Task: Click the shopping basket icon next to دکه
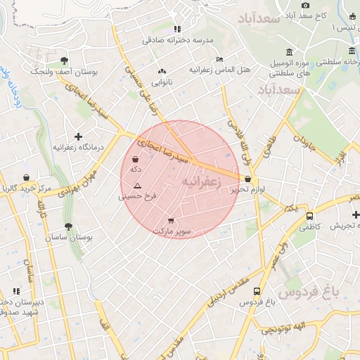[x=135, y=160]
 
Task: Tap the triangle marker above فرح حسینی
[x=137, y=186]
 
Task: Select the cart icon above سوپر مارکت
[x=171, y=220]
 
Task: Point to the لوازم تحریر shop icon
[x=248, y=179]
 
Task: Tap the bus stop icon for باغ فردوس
[x=257, y=291]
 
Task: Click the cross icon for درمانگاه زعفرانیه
[x=78, y=136]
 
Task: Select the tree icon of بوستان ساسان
[x=68, y=227]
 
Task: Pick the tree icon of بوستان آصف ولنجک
[x=64, y=60]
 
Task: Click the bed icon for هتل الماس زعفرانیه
[x=219, y=59]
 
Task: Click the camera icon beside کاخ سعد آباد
[x=305, y=5]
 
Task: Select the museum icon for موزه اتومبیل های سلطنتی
[x=290, y=52]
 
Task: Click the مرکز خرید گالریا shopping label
[x=26, y=188]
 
